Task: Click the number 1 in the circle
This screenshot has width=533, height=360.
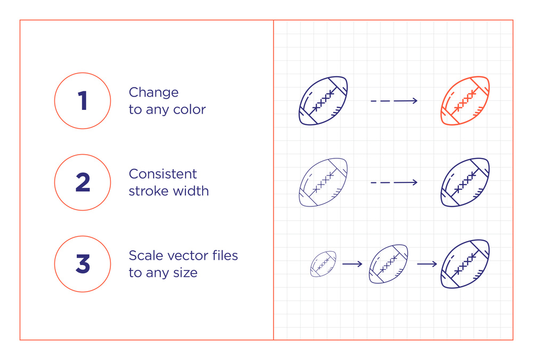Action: [83, 101]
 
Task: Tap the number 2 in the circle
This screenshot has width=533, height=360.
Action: [83, 182]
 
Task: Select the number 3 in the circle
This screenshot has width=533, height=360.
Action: [83, 263]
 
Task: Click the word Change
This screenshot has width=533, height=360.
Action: [154, 92]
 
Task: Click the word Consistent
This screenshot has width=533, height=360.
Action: [163, 174]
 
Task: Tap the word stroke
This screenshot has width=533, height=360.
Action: [148, 191]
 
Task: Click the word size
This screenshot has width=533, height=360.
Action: [185, 273]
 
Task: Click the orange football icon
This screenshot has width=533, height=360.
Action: [465, 101]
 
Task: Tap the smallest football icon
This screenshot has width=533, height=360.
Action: [324, 263]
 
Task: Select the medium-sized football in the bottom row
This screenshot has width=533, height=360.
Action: [389, 263]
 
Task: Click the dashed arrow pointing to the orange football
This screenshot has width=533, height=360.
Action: [394, 101]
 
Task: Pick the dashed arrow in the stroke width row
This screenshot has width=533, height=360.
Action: [394, 182]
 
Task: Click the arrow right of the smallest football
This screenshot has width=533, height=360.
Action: [352, 264]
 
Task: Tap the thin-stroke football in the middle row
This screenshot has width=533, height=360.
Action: [324, 182]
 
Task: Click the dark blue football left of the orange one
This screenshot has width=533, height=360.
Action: [324, 101]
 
